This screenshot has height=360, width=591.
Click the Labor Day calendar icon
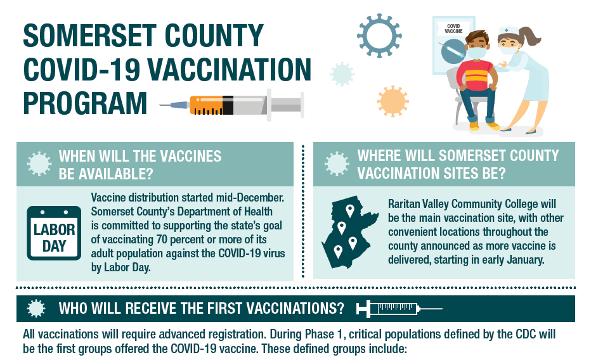pyautogui.click(x=54, y=233)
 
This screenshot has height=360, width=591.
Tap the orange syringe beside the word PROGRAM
pyautogui.click(x=231, y=105)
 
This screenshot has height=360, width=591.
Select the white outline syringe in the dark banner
pyautogui.click(x=399, y=309)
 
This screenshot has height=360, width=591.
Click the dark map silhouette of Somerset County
pyautogui.click(x=350, y=232)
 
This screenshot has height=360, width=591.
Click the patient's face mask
pyautogui.click(x=477, y=53)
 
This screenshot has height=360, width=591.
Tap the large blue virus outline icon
pyautogui.click(x=379, y=35)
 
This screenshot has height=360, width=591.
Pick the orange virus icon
pyautogui.click(x=393, y=101)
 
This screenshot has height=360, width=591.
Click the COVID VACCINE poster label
pyautogui.click(x=453, y=29)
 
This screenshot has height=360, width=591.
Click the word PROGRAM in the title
pyautogui.click(x=85, y=103)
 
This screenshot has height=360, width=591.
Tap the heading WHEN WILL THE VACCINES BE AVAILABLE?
pyautogui.click(x=140, y=165)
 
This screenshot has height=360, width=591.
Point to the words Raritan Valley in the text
pyautogui.click(x=419, y=203)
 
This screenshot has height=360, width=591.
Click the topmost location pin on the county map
pyautogui.click(x=350, y=210)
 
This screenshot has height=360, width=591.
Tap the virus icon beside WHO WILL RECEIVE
pyautogui.click(x=36, y=309)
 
